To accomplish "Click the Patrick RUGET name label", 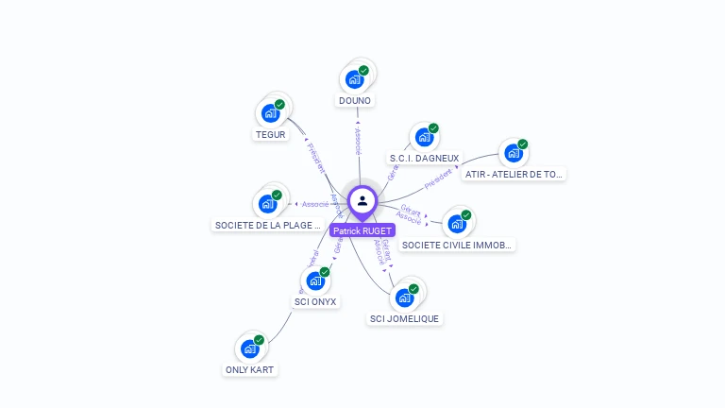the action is click(362, 230).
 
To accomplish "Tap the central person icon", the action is click(362, 200).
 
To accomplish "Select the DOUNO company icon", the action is click(355, 78).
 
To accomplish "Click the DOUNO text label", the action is click(355, 100).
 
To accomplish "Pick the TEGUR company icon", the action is click(271, 113).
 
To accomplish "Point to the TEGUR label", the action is click(271, 135).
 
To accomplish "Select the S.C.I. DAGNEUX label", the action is click(425, 159).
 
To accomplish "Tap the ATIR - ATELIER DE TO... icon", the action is click(514, 153).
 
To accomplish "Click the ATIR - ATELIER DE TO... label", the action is click(514, 174).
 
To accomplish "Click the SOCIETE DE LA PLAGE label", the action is click(269, 226).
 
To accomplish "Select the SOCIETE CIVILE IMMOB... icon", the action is click(458, 224).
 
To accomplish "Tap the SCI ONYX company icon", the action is click(315, 280).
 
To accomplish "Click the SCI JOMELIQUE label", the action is click(405, 319).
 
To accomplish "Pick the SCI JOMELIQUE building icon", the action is click(405, 297).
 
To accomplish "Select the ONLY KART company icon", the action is click(250, 348).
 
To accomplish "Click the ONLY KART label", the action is click(251, 370).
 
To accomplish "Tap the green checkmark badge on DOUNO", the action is click(363, 71).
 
